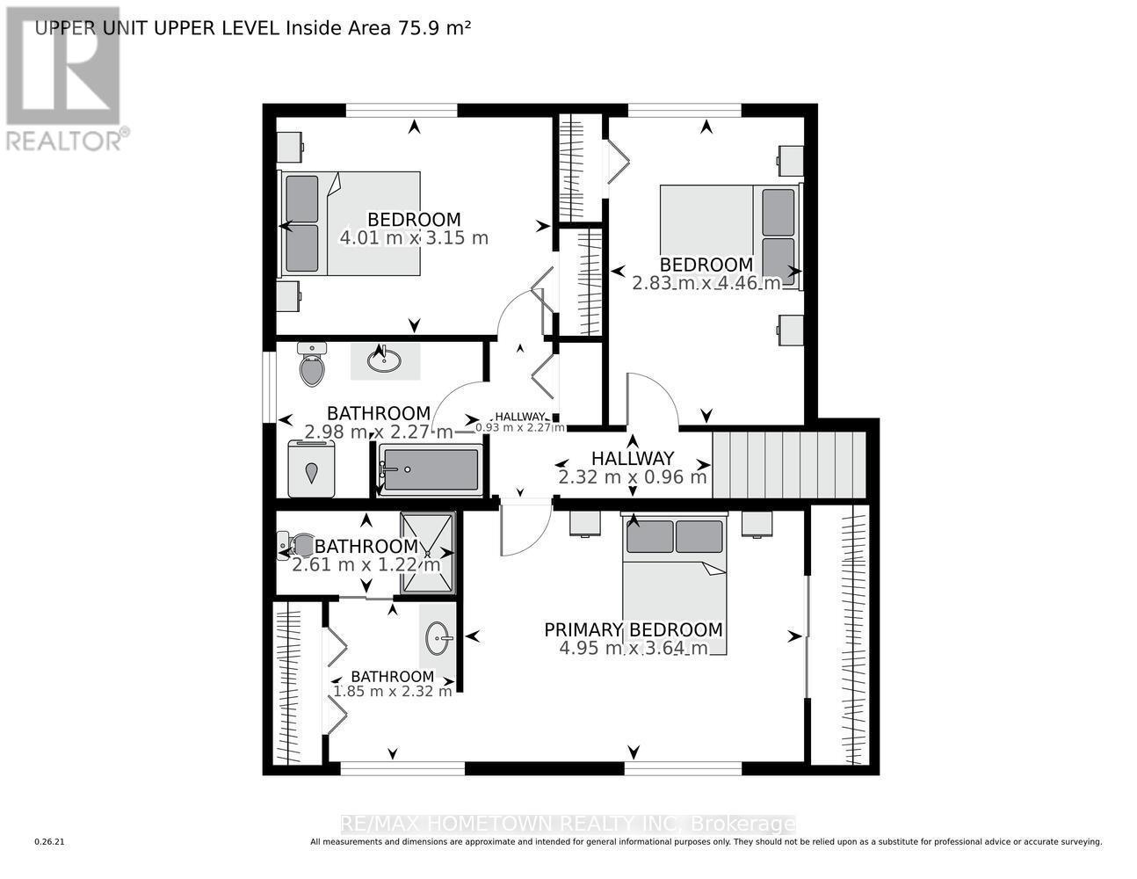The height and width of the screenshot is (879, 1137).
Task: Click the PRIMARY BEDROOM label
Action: pos(633,629)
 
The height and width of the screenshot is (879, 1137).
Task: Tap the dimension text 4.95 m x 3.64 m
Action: pos(633,649)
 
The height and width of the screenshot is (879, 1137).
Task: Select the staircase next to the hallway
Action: pos(788,465)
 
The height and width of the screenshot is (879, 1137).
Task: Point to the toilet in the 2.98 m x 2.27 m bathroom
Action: pos(312,365)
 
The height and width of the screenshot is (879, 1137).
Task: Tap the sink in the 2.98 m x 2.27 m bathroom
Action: pos(385,360)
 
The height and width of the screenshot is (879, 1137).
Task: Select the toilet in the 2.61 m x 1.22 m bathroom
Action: pos(294,546)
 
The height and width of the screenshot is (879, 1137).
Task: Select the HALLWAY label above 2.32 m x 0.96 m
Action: pos(632,458)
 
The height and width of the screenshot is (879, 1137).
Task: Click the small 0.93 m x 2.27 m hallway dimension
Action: pos(520,428)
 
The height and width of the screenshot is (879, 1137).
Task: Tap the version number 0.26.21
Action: pos(49,842)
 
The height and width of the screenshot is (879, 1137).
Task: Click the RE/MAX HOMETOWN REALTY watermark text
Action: pos(568,824)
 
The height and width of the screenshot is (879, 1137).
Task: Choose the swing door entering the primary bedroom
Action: pos(524,528)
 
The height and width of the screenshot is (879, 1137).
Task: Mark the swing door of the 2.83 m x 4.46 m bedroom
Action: pos(651,400)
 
